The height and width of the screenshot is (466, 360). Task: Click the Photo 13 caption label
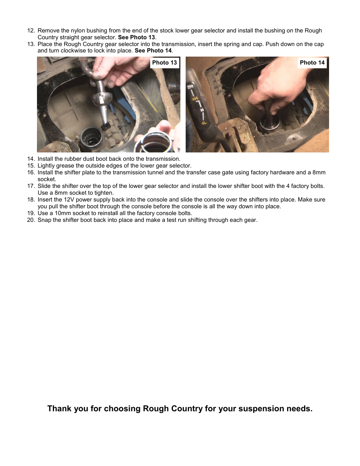tap(164, 63)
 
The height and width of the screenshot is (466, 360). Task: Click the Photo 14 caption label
tap(312, 63)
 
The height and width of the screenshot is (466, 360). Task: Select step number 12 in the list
tap(31, 31)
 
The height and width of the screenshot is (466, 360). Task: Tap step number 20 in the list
tap(31, 220)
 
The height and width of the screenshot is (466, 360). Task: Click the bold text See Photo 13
tap(136, 37)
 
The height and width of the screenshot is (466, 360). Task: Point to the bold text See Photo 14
tap(153, 51)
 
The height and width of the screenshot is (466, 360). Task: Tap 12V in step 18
tap(69, 200)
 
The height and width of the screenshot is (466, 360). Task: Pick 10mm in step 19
tap(63, 213)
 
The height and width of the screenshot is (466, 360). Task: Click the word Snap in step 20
tap(45, 220)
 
